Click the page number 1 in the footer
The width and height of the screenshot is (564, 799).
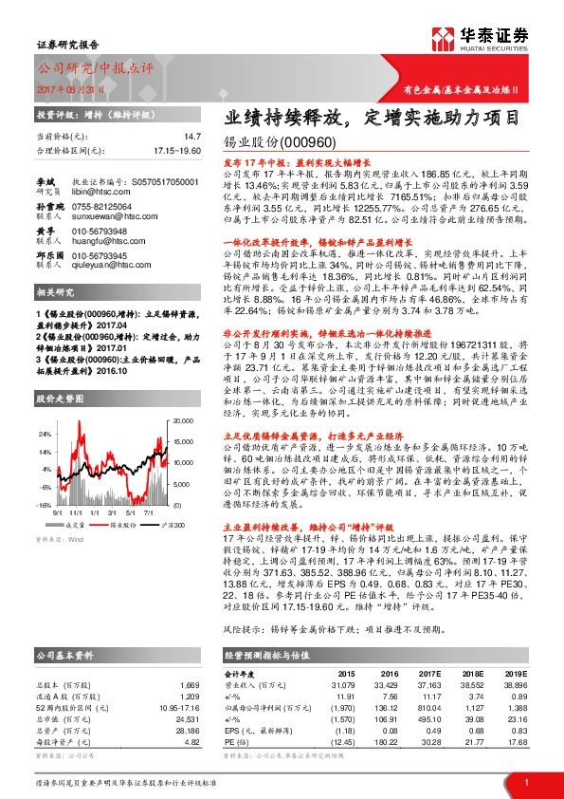pos(526,781)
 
